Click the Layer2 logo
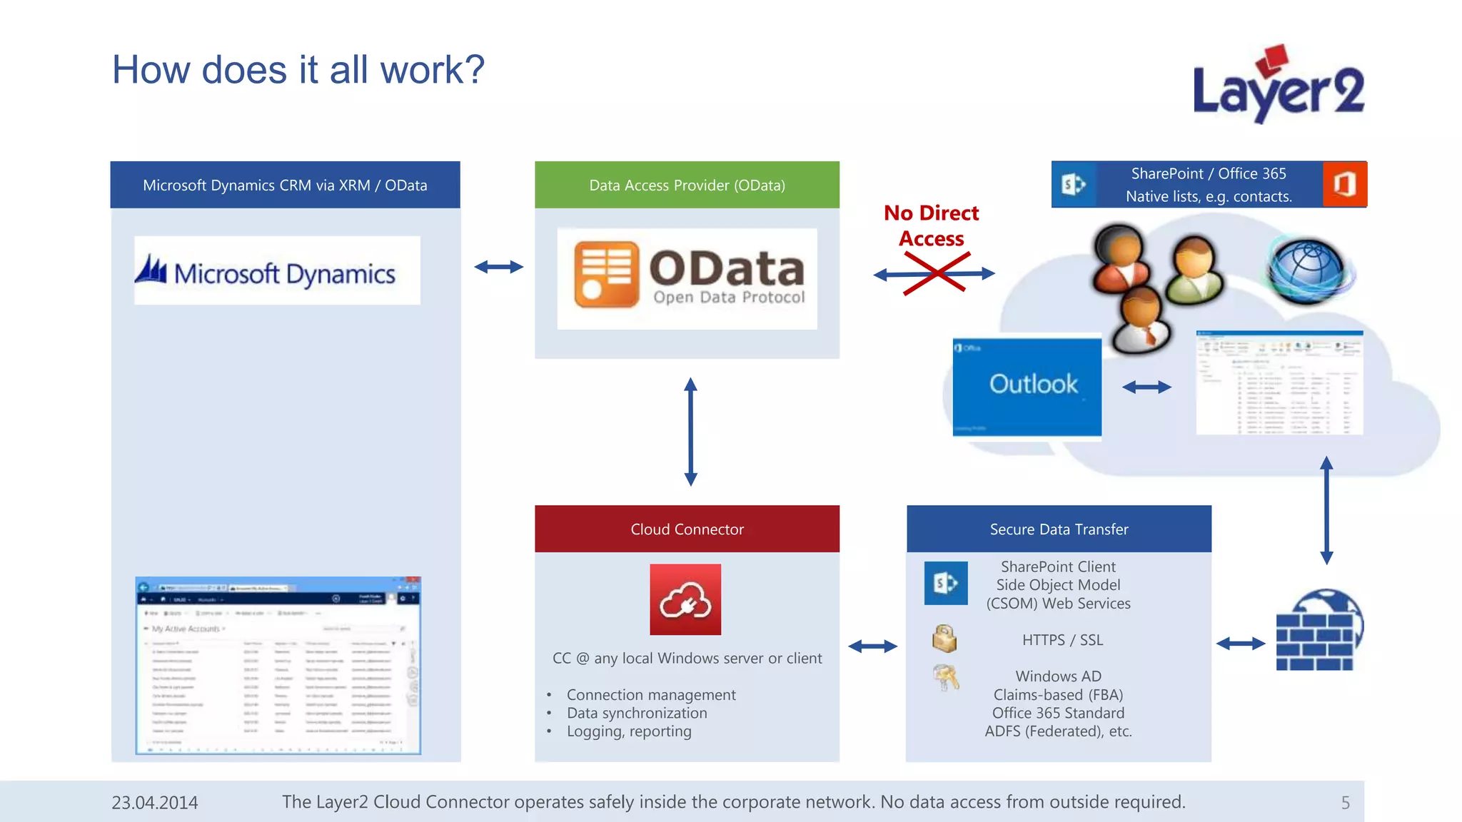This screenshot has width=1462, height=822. pyautogui.click(x=1278, y=86)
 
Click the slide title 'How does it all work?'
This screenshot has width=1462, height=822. pyautogui.click(x=298, y=70)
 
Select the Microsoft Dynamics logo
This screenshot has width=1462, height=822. pyautogui.click(x=277, y=272)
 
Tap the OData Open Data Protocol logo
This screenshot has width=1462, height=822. pyautogui.click(x=687, y=278)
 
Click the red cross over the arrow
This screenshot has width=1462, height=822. pyautogui.click(x=934, y=274)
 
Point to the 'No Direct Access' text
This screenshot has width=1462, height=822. pyautogui.click(x=932, y=225)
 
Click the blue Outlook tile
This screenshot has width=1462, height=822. pyautogui.click(x=1027, y=386)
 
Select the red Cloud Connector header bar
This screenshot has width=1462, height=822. pyautogui.click(x=687, y=529)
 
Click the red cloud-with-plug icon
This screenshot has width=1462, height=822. pyautogui.click(x=685, y=599)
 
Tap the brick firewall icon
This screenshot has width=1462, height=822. pyautogui.click(x=1317, y=631)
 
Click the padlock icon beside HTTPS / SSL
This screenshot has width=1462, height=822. pyautogui.click(x=944, y=639)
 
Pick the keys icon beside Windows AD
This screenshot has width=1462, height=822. pyautogui.click(x=946, y=677)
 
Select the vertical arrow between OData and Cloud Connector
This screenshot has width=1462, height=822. pyautogui.click(x=690, y=432)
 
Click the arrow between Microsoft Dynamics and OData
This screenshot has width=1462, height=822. pyautogui.click(x=498, y=267)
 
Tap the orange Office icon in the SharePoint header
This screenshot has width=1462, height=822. pyautogui.click(x=1344, y=184)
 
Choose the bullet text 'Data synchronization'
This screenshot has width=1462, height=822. pyautogui.click(x=637, y=713)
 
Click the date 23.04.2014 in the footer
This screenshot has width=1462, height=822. pyautogui.click(x=155, y=803)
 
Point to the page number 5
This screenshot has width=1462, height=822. pyautogui.click(x=1345, y=803)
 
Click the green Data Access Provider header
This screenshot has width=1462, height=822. pyautogui.click(x=687, y=185)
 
